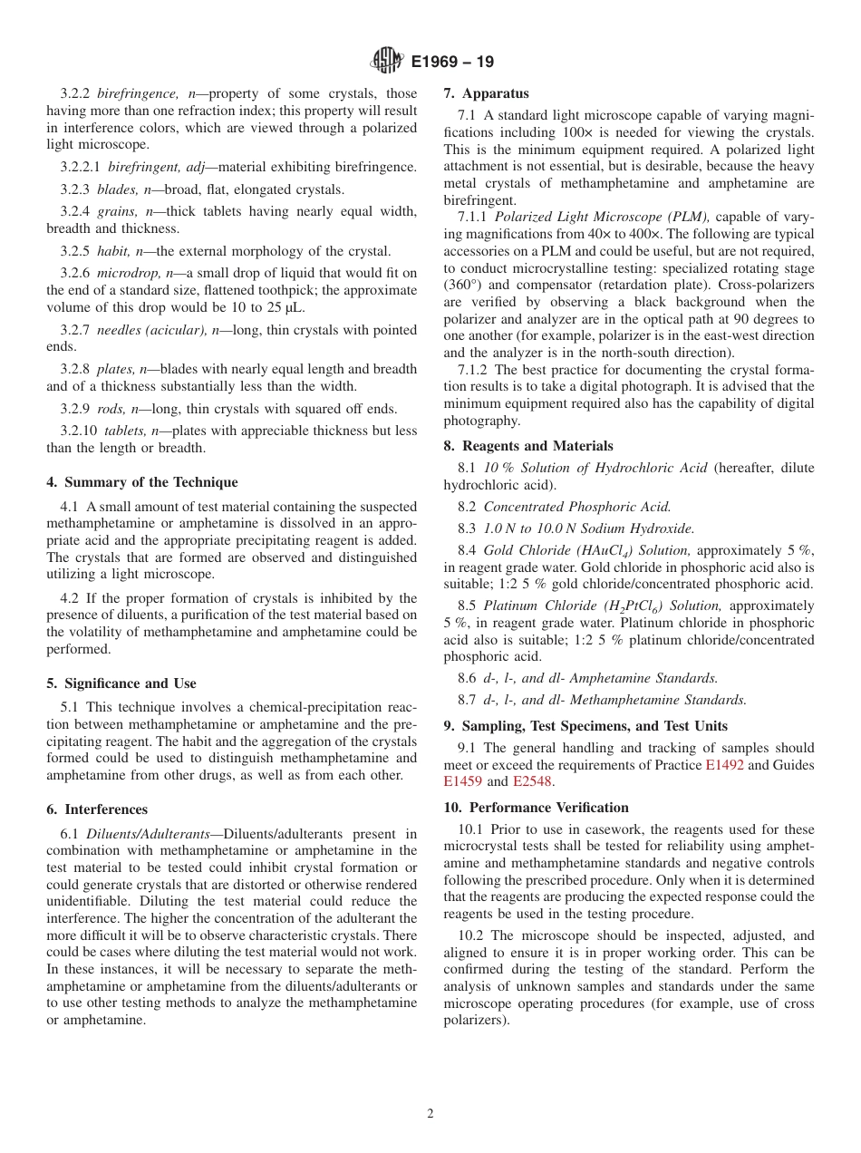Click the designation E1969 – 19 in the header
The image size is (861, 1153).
452,63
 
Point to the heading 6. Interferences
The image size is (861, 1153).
97,809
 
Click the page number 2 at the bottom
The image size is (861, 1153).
430,1114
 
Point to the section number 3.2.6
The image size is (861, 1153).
75,273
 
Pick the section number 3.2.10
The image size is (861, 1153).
79,431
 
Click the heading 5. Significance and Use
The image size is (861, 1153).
121,683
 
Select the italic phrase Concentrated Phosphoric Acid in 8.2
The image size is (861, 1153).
577,507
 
